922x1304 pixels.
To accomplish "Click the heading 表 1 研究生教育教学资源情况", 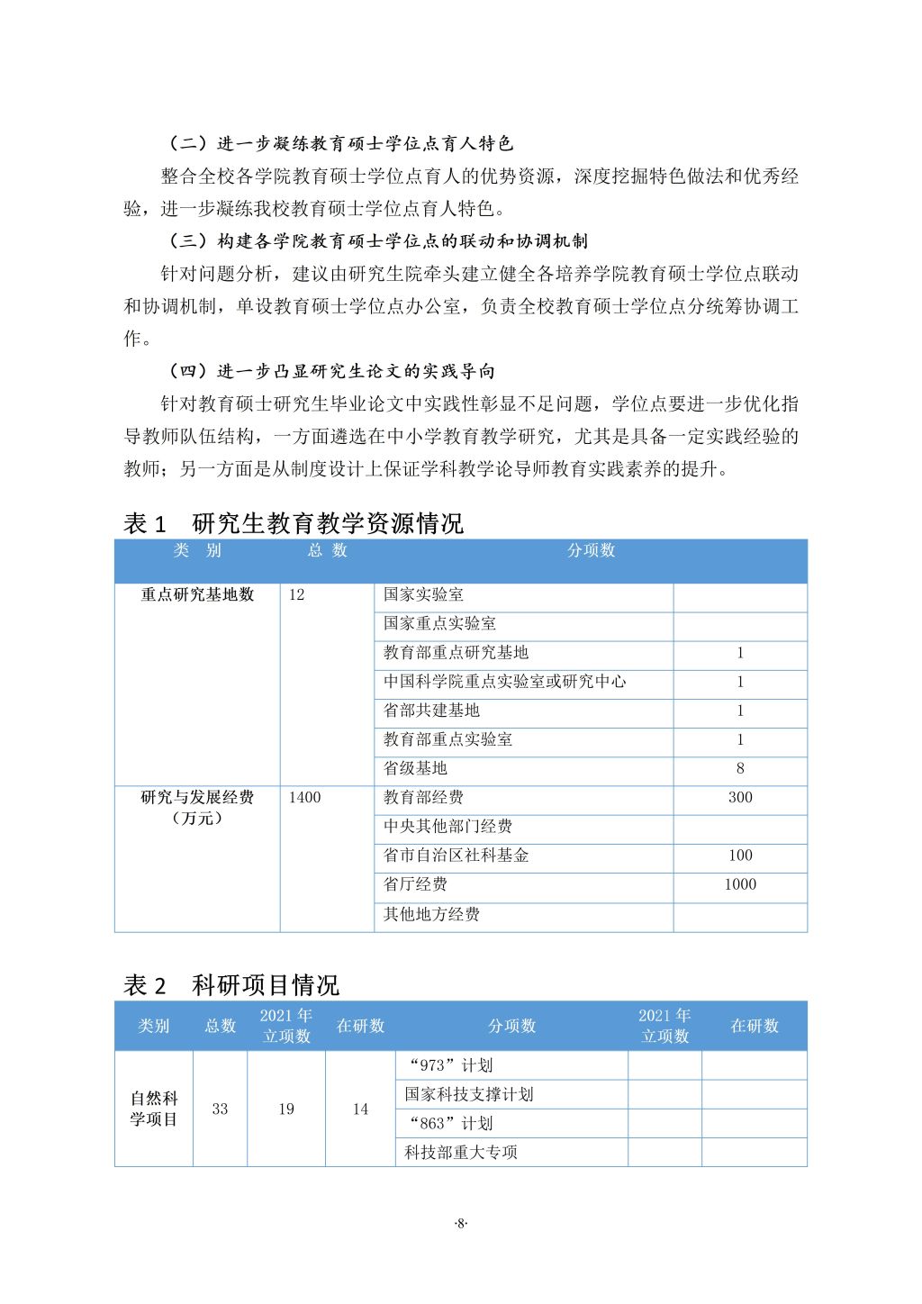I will point(293,523).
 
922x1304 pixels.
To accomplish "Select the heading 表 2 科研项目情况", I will point(230,985).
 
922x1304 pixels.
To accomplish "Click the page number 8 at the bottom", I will point(461,1223).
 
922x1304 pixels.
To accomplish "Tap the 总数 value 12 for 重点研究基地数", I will point(296,595).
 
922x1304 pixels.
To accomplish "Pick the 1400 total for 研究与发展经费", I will point(304,798).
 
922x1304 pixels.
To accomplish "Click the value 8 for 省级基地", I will point(740,769).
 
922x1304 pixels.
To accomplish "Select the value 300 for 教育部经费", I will point(740,798).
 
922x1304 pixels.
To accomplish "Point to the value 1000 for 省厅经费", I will point(740,884).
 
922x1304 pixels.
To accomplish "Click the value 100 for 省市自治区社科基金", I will point(740,856).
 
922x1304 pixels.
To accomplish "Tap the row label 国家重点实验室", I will point(439,623).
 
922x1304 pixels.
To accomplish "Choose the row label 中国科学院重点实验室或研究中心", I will point(504,682).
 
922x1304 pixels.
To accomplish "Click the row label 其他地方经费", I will point(431,914).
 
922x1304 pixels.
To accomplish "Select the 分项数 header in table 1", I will point(591,550).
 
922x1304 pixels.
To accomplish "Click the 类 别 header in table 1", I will point(197,550).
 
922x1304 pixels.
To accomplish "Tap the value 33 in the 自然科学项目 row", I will point(220,1109).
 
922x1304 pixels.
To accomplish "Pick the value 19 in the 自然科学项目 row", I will point(286,1109).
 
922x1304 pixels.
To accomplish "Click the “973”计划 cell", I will point(450,1066).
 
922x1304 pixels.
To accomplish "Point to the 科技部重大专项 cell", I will point(460,1153).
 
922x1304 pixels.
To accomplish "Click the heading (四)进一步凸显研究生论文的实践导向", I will point(332,371).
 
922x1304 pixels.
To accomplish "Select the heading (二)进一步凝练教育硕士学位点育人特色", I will point(341,143).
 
